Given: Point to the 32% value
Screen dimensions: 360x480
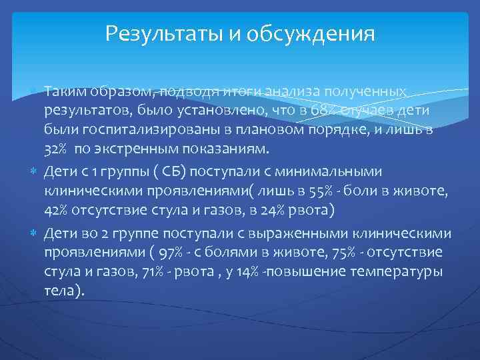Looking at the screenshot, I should [56, 147].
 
